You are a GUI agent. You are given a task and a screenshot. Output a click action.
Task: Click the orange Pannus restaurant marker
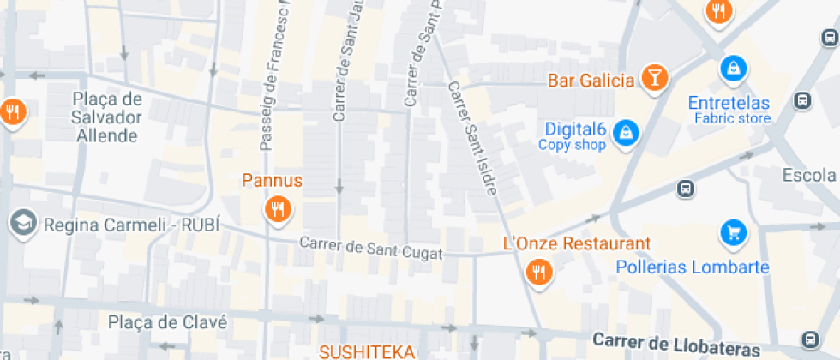point(276,209)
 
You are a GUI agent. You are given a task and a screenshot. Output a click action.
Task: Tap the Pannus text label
point(272,181)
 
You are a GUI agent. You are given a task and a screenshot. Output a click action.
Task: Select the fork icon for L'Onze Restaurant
point(538,273)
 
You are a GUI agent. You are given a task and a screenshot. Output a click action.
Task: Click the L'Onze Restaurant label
point(577,244)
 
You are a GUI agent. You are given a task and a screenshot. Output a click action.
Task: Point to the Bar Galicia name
point(591,81)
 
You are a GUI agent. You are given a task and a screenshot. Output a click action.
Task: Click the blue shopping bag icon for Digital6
point(627,132)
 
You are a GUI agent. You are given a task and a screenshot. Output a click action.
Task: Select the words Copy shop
point(572,145)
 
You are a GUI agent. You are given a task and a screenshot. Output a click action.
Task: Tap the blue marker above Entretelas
point(733,67)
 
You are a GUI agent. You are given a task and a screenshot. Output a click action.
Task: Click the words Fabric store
point(732,119)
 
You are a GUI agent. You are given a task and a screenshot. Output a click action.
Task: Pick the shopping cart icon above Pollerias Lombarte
point(732,231)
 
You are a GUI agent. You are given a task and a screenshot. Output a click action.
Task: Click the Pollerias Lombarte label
point(693,267)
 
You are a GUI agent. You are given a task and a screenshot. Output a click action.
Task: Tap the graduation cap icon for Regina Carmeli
point(21,224)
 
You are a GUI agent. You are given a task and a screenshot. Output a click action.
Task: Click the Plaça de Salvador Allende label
point(106,117)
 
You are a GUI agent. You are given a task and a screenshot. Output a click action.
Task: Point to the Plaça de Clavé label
point(168,322)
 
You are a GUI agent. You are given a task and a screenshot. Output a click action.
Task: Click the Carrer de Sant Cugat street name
point(371,249)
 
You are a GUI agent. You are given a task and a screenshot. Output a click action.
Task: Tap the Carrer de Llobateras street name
point(675,345)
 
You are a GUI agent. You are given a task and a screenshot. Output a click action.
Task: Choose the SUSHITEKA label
point(367,351)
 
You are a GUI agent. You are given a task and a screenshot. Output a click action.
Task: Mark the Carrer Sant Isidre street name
point(471,138)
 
